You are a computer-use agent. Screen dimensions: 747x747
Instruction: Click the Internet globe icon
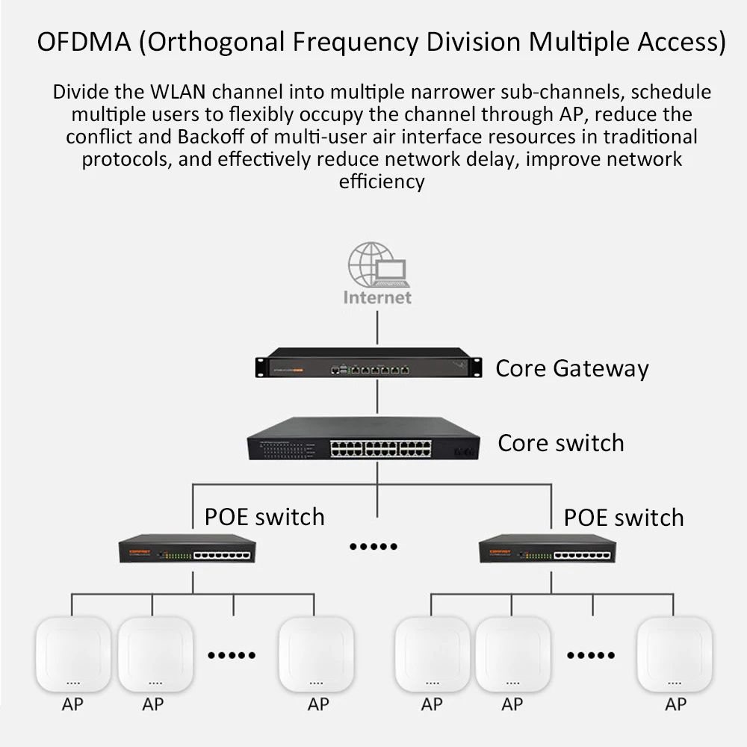coord(377,264)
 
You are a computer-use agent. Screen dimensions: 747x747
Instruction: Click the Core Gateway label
coord(572,369)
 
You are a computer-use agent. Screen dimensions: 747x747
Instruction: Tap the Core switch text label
coord(561,443)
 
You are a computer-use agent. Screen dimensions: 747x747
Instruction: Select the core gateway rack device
coord(368,362)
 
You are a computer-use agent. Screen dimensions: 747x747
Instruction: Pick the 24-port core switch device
coord(363,438)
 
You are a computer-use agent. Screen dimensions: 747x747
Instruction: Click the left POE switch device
coord(187,548)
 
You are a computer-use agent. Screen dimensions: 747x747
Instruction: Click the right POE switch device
coord(548,548)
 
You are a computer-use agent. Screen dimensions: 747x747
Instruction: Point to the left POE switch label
coord(264,517)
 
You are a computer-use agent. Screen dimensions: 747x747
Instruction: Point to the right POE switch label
coord(624,518)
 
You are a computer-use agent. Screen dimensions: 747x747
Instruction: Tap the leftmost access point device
coord(73,654)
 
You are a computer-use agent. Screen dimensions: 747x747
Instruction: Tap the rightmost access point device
coord(675,654)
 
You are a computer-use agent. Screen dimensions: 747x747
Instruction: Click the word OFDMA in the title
coord(84,41)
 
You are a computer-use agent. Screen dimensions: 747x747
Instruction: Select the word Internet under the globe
coord(377,297)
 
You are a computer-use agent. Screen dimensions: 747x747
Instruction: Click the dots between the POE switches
coord(373,547)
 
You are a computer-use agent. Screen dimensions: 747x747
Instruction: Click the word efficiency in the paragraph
coord(382,182)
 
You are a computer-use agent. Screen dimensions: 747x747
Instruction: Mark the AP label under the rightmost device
coord(675,704)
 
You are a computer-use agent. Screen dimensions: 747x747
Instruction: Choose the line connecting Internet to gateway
coord(377,327)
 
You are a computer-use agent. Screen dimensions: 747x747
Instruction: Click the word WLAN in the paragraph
coord(179,92)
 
